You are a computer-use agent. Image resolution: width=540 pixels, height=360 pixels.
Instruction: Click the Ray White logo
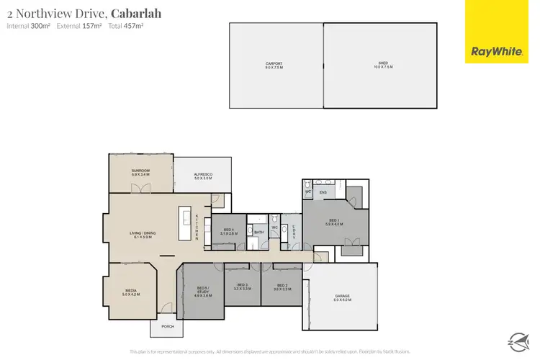(496, 51)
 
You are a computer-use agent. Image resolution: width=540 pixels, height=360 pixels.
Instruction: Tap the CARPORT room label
(274, 65)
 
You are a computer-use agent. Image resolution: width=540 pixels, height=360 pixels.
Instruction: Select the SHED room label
(379, 65)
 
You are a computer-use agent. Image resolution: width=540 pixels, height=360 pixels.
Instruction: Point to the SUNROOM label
(140, 172)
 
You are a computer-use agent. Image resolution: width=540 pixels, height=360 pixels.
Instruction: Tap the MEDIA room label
(130, 292)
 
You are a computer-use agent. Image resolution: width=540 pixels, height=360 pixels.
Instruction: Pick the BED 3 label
(242, 287)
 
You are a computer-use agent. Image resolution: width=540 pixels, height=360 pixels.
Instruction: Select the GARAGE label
(343, 297)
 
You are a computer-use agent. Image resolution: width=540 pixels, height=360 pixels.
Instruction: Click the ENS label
(323, 193)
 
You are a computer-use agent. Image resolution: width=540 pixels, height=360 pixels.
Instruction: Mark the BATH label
(259, 233)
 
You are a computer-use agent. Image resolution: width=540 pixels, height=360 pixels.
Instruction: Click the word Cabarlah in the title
(135, 14)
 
